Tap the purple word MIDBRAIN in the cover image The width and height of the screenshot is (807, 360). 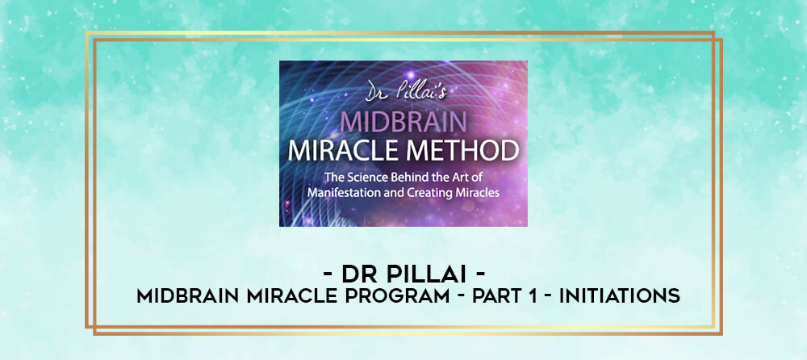[403, 123]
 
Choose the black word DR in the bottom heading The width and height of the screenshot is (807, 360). [360, 275]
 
